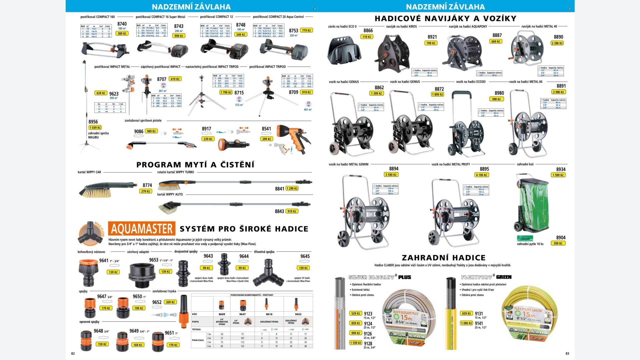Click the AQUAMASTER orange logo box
(142, 229)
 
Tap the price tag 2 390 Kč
(557, 43)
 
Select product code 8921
(432, 37)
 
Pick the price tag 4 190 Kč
(481, 175)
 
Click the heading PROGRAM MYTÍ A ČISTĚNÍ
(195, 165)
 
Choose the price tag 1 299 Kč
(292, 189)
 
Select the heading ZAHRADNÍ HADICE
(443, 258)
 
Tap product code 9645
(305, 256)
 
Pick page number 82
(73, 353)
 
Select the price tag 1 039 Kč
(95, 128)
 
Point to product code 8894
(394, 169)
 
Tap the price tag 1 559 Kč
(356, 343)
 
